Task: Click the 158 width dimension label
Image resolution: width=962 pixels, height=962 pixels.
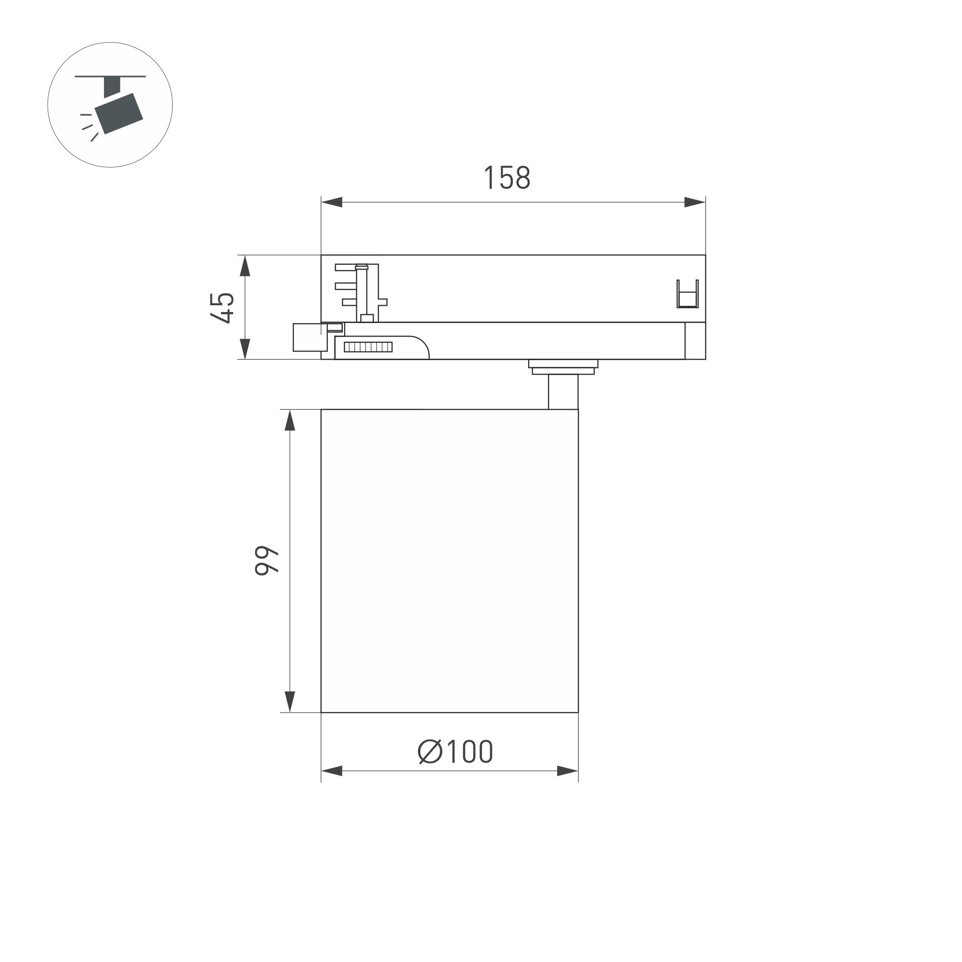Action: pyautogui.click(x=507, y=178)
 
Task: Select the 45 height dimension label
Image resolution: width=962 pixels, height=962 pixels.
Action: pyautogui.click(x=222, y=308)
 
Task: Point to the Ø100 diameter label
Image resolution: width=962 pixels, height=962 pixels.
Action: pyautogui.click(x=455, y=752)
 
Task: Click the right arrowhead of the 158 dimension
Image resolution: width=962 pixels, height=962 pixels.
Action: pyautogui.click(x=694, y=202)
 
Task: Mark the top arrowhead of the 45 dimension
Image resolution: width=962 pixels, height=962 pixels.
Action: pyautogui.click(x=245, y=266)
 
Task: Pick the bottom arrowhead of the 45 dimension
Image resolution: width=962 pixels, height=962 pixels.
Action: pyautogui.click(x=245, y=348)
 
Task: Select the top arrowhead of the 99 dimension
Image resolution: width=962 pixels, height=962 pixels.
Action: pyautogui.click(x=290, y=421)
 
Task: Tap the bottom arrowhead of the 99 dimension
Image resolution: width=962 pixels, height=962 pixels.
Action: pyautogui.click(x=290, y=701)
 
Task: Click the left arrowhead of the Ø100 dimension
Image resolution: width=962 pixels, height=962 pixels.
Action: pyautogui.click(x=332, y=771)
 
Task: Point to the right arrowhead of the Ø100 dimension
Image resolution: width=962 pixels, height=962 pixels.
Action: pyautogui.click(x=567, y=771)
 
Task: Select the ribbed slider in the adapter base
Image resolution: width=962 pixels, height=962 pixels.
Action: pyautogui.click(x=368, y=347)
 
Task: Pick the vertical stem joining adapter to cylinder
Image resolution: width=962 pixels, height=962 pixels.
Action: pyautogui.click(x=563, y=392)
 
